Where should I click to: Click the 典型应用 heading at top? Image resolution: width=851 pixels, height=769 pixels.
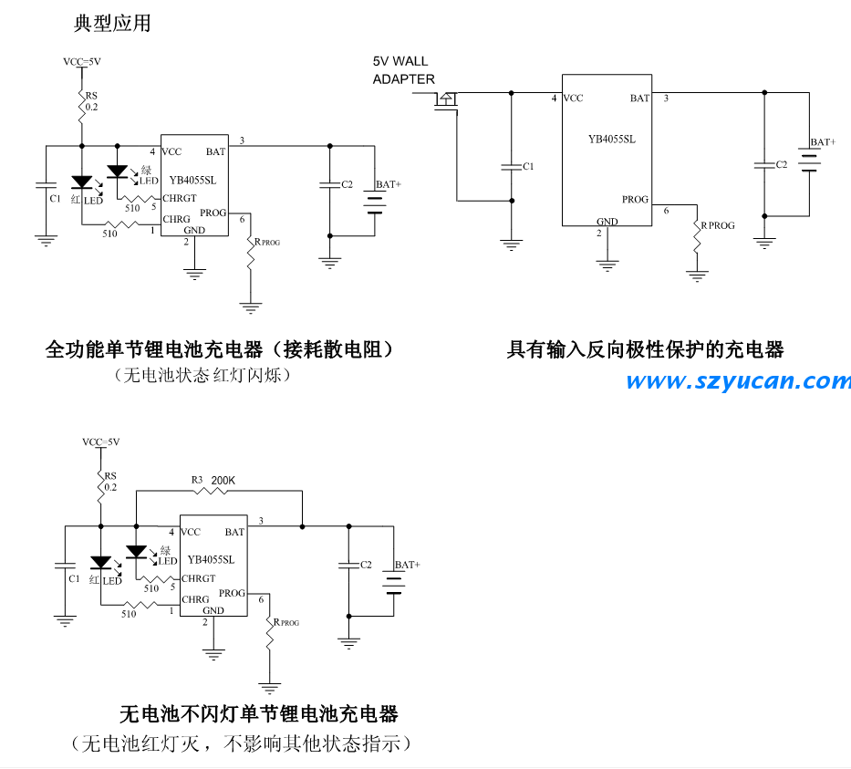pos(111,25)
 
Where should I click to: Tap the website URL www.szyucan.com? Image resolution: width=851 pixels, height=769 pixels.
pos(738,381)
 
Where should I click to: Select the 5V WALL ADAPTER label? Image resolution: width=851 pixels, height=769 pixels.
pos(404,70)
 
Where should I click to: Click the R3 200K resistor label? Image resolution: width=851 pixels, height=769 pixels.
pos(213,480)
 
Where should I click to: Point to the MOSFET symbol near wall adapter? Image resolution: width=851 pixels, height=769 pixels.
pos(447,102)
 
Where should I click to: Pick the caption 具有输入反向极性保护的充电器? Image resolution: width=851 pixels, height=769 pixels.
pos(645,349)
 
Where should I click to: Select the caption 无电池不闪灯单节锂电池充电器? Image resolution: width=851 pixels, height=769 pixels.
pos(259,712)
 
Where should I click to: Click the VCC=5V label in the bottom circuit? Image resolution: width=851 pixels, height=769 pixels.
pos(100,442)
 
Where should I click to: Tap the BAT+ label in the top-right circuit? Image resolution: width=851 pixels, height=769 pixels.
pos(823,142)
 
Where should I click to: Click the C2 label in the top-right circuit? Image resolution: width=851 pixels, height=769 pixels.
pos(781,165)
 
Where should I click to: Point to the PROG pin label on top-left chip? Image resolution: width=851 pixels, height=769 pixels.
pos(213,213)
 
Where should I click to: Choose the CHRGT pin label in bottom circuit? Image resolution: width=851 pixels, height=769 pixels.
pos(198,578)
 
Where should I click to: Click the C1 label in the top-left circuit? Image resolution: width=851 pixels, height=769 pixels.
pos(55,198)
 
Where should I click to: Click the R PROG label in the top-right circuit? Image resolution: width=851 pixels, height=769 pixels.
pos(717,225)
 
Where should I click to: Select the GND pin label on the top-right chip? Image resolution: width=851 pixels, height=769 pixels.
pos(607,222)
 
